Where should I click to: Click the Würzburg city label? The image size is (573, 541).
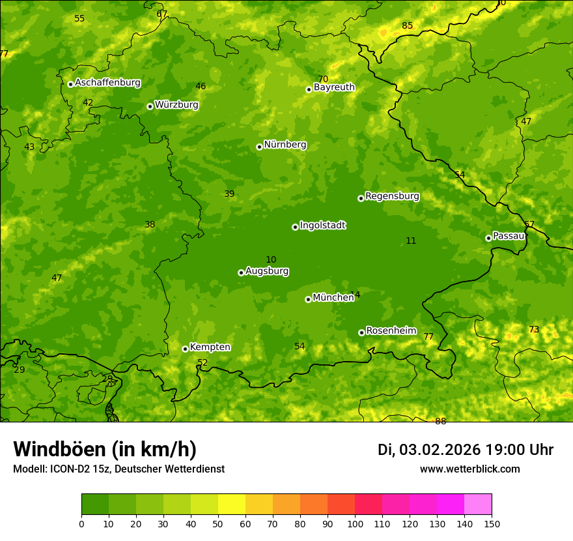pos(176,105)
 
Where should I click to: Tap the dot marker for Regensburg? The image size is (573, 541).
pos(361,198)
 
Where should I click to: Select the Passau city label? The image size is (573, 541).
pos(509,236)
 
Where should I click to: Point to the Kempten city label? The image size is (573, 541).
pos(210,347)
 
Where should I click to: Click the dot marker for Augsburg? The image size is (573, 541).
pos(241,272)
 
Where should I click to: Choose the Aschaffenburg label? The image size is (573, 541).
pos(107,83)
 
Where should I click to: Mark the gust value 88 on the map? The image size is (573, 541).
pos(441,421)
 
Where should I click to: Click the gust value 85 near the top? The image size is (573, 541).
pos(407,26)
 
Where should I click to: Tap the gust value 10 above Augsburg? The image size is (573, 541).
pos(271,260)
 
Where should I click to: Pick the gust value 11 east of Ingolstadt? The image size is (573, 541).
pos(411,241)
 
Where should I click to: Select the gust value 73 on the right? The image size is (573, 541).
pos(534,330)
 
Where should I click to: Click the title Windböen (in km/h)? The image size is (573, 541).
pos(105,449)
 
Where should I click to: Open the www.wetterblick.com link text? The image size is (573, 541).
pos(469,469)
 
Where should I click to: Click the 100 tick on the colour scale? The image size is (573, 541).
pos(355,523)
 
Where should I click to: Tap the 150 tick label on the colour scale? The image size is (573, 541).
pos(492,523)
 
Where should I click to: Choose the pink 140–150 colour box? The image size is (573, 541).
pos(478,504)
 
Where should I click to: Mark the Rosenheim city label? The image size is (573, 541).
pos(391,330)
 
